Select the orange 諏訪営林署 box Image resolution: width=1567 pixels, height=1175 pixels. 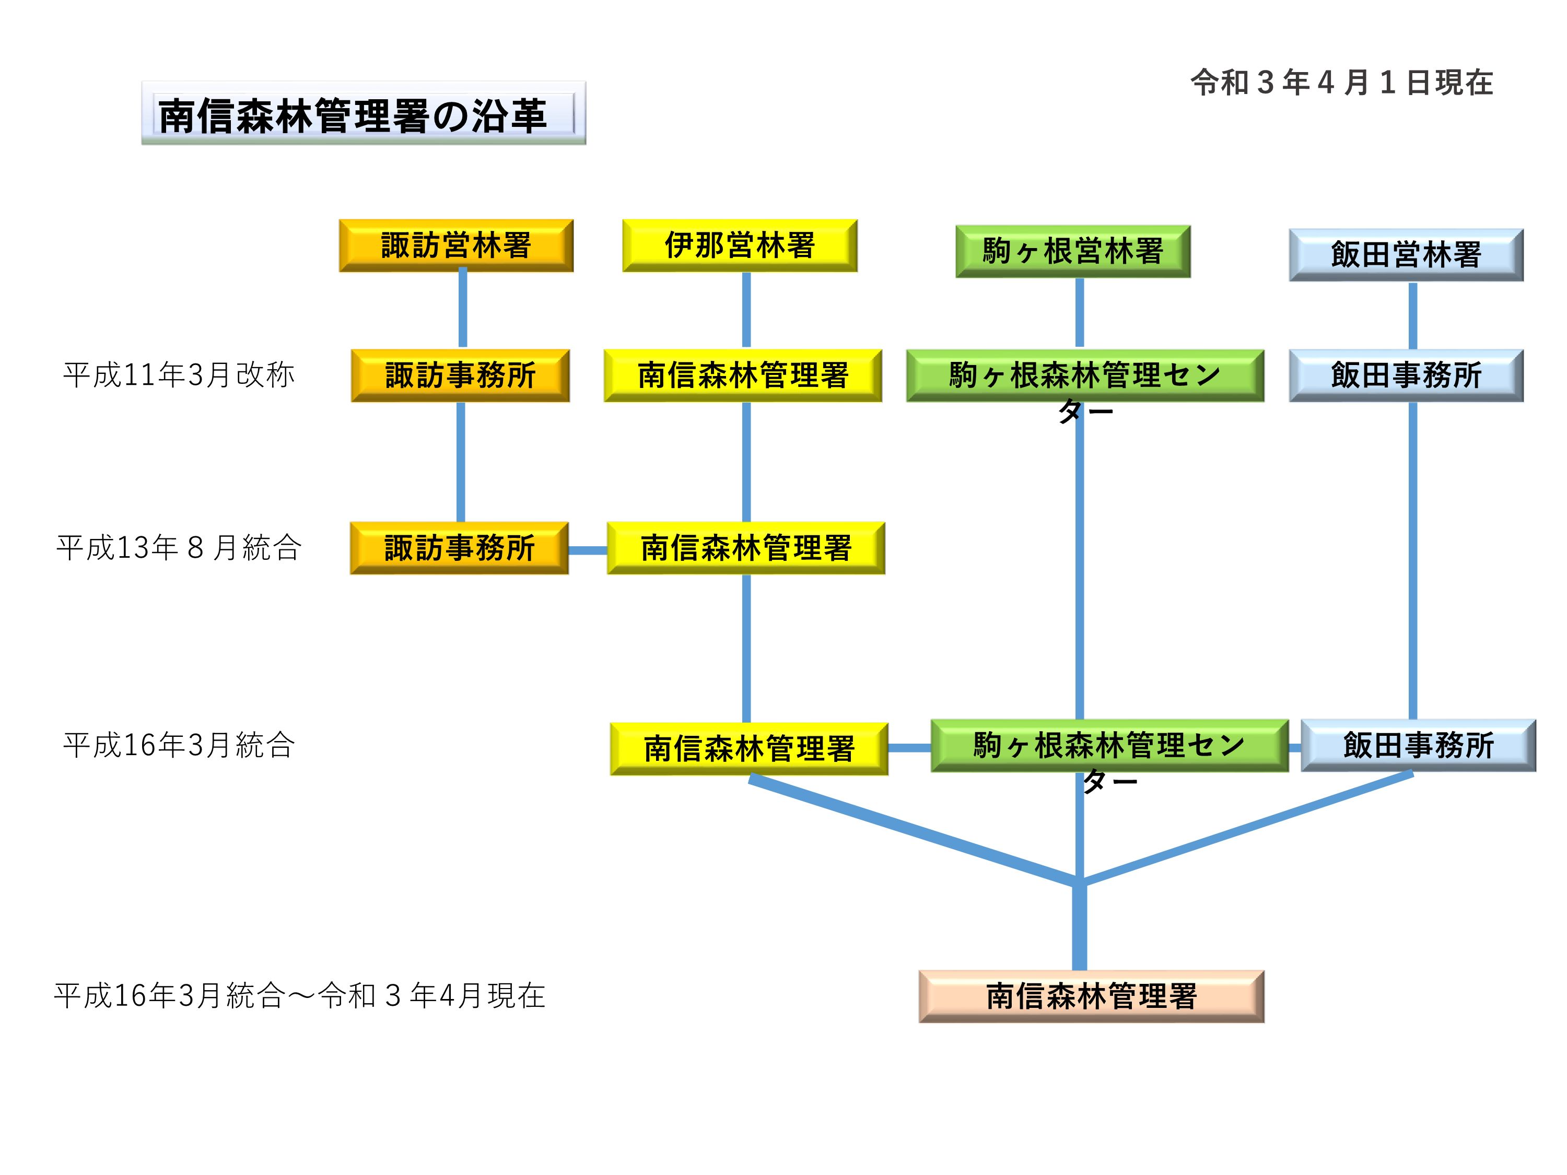456,245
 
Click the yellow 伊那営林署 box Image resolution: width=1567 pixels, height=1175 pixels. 740,245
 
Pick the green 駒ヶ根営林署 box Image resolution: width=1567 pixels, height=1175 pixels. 1072,251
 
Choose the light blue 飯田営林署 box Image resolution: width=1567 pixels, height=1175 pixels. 1406,255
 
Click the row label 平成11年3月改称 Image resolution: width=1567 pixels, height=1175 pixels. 179,374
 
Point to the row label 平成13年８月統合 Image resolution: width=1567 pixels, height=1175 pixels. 179,547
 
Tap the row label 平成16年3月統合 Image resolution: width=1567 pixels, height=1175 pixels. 179,745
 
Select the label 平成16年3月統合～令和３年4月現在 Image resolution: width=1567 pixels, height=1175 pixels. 300,996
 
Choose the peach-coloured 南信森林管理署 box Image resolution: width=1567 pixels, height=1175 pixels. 1091,996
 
